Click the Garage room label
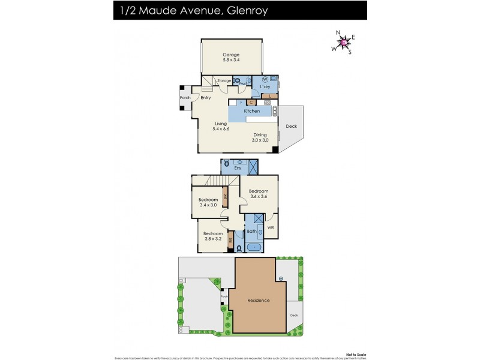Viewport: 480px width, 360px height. point(231,58)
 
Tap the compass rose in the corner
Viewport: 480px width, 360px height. point(344,42)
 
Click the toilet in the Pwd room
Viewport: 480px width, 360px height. point(238,81)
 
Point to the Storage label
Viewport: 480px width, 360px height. point(224,80)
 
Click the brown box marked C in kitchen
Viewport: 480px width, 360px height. point(252,103)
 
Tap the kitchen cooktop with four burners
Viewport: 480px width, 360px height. point(267,103)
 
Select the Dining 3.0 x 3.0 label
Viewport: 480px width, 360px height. point(260,137)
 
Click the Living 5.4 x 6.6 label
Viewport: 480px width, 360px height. point(221,126)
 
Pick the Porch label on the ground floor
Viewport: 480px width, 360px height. point(185,98)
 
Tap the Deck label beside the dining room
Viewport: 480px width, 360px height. point(291,127)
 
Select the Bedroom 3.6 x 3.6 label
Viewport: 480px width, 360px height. point(259,193)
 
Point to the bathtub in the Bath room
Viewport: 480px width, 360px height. point(254,247)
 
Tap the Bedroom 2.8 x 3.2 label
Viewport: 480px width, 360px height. point(213,236)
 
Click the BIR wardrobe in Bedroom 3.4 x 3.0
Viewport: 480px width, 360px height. point(225,196)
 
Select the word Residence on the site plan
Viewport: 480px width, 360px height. point(258,300)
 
